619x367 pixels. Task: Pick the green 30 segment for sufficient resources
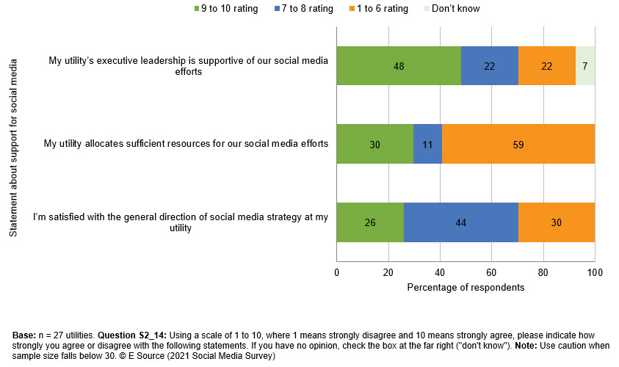374,145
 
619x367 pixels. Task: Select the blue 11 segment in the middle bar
427,145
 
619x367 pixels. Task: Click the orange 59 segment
518,145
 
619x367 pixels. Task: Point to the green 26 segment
369,222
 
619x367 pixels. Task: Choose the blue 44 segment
460,222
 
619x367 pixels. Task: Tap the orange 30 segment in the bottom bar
556,222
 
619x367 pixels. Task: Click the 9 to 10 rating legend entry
225,9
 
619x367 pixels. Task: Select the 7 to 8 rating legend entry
302,9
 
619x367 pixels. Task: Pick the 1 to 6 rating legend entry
378,9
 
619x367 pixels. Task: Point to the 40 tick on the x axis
440,273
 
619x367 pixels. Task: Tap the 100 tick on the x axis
594,273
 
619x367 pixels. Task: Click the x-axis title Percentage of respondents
466,288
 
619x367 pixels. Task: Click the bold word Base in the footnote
23,335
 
